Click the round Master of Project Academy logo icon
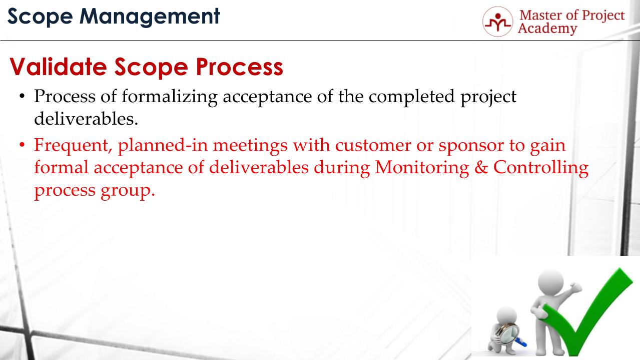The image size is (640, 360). click(x=498, y=22)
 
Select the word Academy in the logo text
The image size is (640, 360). click(x=547, y=29)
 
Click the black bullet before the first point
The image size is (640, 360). click(x=22, y=97)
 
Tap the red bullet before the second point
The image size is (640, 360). click(x=22, y=146)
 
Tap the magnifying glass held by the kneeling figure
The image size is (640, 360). click(x=507, y=333)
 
